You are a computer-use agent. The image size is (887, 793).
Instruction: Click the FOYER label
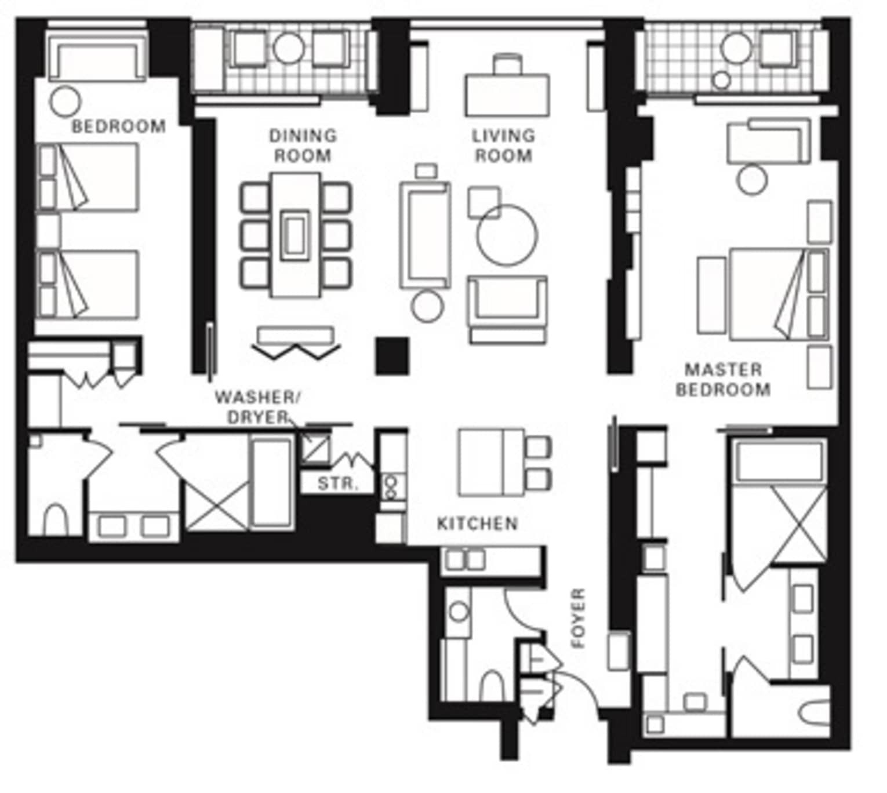point(579,619)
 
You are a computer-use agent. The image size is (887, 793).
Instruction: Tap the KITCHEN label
point(477,523)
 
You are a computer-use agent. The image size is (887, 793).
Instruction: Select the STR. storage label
point(337,484)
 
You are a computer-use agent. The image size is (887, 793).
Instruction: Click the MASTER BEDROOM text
point(723,379)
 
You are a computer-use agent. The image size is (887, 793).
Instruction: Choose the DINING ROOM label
point(303,145)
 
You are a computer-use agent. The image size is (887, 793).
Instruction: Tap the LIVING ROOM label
point(503,145)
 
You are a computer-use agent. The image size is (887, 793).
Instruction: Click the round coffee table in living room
point(507,235)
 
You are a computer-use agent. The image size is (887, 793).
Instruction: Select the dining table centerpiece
point(295,235)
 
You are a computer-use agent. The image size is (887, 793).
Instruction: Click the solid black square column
point(392,355)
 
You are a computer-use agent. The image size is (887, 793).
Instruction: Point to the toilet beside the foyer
point(492,686)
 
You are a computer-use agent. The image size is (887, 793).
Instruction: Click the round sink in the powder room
point(459,611)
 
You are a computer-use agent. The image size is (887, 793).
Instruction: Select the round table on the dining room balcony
point(289,48)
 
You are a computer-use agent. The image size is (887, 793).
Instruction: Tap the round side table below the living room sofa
point(427,307)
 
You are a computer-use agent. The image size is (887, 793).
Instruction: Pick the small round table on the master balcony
point(722,81)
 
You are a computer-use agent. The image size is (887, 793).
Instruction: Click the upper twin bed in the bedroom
point(88,177)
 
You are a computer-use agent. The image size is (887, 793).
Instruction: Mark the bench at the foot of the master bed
point(711,296)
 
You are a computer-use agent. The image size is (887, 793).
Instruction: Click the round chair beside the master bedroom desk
point(752,180)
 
